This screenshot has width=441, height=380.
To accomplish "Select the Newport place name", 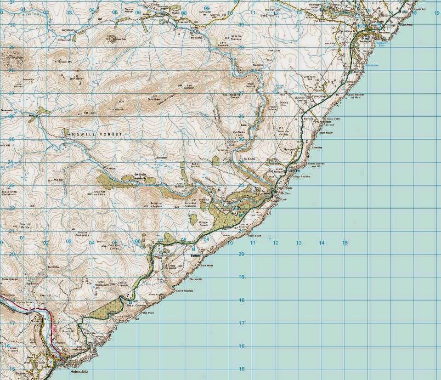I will [x=288, y=150].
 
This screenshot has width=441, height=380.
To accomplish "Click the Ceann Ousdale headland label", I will [x=183, y=290].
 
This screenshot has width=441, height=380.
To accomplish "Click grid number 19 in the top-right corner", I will [x=436, y=13].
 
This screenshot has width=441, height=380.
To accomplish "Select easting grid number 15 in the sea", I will [x=345, y=243].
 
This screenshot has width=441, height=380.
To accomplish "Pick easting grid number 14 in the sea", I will [x=322, y=243].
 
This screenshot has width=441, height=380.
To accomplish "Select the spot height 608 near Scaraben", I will [x=121, y=101].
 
